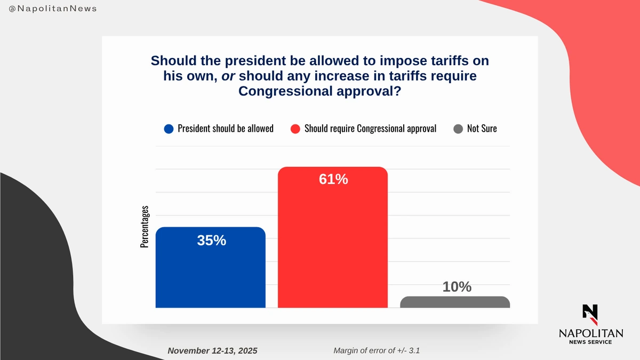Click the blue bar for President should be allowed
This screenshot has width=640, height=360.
[210, 272]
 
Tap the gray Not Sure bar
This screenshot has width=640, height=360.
[455, 302]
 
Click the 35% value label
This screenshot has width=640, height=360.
[212, 241]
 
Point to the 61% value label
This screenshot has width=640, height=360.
[333, 180]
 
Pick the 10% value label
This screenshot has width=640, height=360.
[457, 287]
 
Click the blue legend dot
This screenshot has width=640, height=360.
[169, 129]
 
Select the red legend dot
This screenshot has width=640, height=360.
[295, 129]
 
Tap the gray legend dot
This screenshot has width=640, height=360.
[458, 129]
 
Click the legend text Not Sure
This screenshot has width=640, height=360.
[482, 129]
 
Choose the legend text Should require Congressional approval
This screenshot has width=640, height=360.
[370, 129]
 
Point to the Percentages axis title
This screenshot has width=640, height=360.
[145, 227]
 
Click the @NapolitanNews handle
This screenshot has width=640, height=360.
[53, 10]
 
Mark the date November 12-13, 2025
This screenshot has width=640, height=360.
[212, 350]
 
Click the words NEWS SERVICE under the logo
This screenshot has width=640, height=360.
[590, 342]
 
